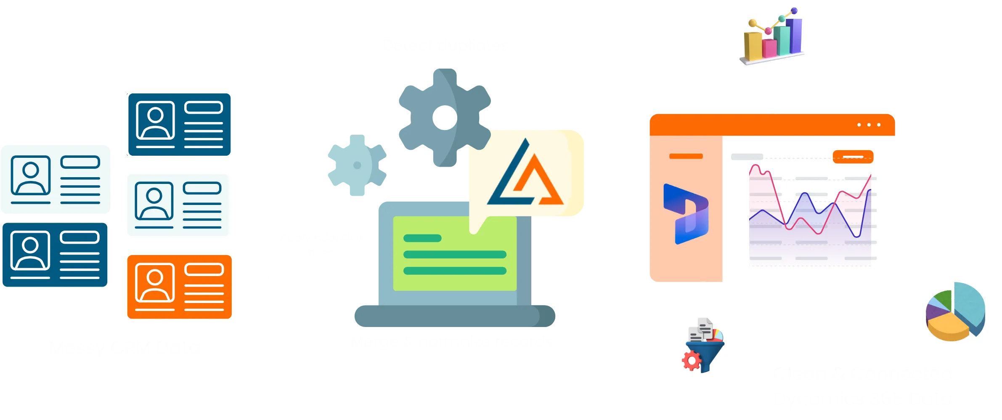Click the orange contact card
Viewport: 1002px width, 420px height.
(179, 287)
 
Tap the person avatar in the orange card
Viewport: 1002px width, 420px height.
(155, 283)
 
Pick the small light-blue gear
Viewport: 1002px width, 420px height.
(357, 166)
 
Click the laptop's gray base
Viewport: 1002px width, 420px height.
(454, 316)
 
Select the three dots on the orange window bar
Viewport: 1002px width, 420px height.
(869, 125)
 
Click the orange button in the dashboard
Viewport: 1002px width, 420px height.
(853, 157)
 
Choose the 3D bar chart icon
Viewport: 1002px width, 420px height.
(772, 37)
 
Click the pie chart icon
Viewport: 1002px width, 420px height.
(955, 311)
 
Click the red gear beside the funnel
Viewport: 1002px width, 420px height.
(692, 361)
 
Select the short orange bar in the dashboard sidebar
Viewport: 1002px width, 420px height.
(686, 156)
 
